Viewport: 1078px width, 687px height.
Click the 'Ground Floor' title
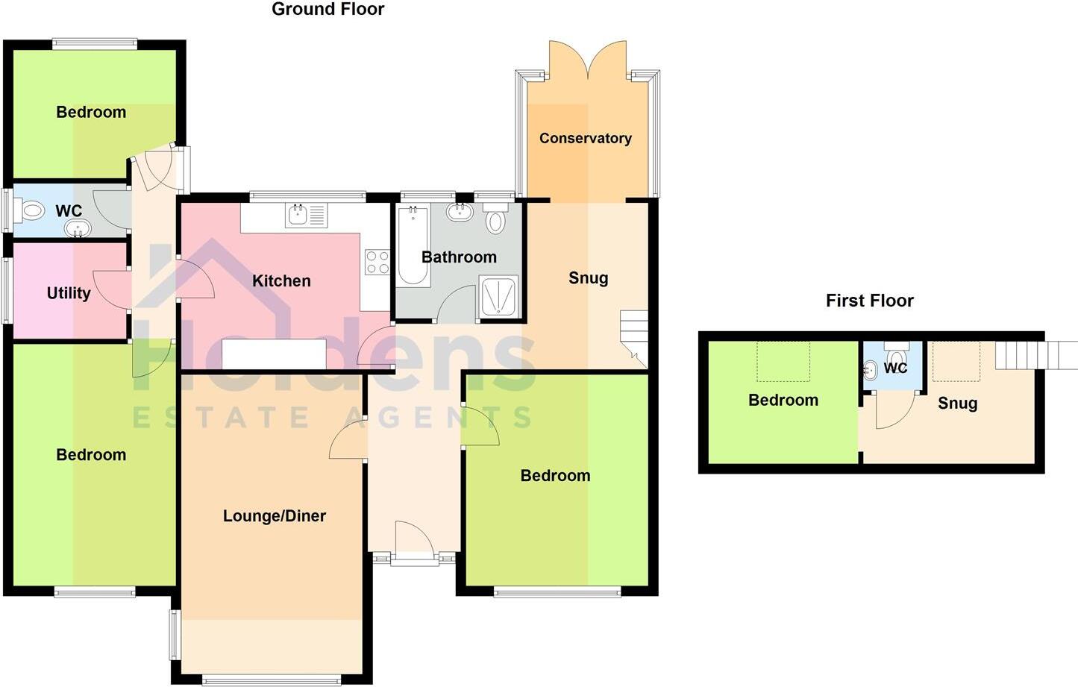tap(328, 10)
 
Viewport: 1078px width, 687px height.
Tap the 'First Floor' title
tap(869, 301)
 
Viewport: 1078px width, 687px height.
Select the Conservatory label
tap(585, 138)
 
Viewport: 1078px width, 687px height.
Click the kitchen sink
tap(297, 216)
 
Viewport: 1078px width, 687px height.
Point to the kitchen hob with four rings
tap(377, 262)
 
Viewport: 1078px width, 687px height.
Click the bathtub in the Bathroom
tap(413, 247)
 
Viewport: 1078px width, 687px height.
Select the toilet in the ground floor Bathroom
tap(495, 219)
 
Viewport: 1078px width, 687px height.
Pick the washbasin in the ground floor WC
tap(75, 228)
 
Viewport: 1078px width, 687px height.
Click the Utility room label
tap(69, 293)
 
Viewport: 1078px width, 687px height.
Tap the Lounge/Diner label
tap(274, 515)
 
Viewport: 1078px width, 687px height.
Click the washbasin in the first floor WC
tap(870, 369)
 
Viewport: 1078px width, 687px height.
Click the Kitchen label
tap(281, 280)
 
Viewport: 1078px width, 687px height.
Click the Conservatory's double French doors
tap(588, 60)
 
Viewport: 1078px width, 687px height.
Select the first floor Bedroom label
tap(783, 400)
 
